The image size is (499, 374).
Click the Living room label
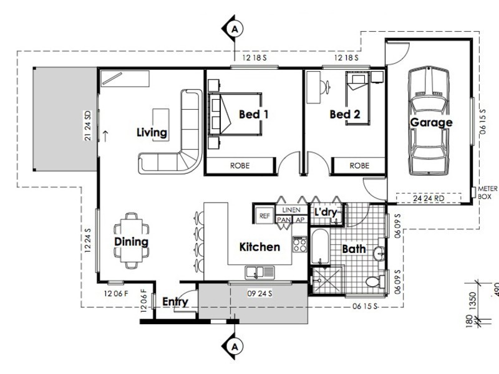click(152, 132)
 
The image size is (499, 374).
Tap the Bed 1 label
click(254, 115)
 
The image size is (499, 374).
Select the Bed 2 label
click(345, 115)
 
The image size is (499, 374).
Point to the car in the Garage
click(429, 122)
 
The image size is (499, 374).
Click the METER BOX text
click(487, 193)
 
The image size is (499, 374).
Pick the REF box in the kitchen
click(263, 216)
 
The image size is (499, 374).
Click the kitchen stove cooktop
click(299, 242)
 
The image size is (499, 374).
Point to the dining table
click(132, 240)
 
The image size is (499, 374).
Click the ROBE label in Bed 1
click(240, 166)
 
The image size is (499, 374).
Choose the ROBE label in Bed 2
click(359, 166)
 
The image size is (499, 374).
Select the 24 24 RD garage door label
click(429, 198)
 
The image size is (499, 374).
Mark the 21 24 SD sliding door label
click(89, 125)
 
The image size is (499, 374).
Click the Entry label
click(175, 302)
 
